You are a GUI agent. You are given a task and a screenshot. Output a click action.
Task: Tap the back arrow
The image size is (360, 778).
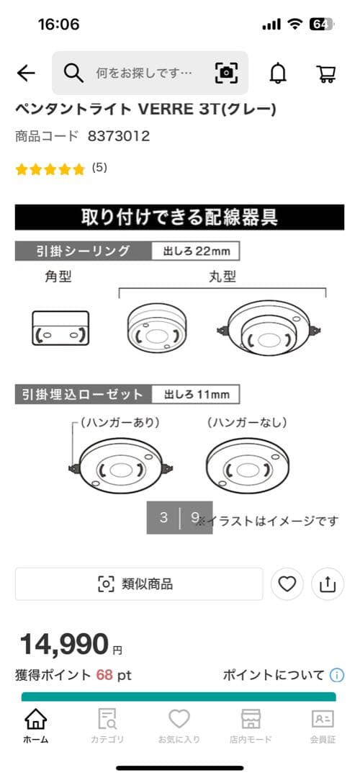[26, 73]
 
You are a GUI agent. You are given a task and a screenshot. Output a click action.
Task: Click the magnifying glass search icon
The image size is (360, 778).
[73, 73]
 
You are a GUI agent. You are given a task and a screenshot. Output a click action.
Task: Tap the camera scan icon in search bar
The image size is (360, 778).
[226, 73]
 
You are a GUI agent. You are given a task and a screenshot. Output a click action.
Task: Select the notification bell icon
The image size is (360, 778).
[277, 73]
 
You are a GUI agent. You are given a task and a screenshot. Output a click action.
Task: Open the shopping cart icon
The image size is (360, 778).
[326, 73]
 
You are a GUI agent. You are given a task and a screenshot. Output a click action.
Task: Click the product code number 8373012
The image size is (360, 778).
[118, 135]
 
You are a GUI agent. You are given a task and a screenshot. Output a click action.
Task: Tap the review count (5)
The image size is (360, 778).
[99, 168]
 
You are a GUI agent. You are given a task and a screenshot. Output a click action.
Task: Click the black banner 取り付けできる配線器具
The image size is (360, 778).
[179, 217]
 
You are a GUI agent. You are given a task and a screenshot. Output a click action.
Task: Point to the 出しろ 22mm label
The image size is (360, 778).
[195, 251]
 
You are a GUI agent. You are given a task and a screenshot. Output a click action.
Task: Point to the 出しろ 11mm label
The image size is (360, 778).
[195, 394]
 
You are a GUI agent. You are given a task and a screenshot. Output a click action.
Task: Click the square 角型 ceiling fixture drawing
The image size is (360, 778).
[60, 328]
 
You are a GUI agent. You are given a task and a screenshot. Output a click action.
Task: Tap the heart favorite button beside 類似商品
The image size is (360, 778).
[287, 584]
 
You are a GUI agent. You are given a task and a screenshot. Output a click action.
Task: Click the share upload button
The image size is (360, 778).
[328, 584]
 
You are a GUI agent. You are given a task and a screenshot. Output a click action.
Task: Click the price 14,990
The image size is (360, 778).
[64, 643]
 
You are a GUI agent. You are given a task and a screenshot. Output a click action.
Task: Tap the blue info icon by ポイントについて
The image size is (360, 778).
[337, 676]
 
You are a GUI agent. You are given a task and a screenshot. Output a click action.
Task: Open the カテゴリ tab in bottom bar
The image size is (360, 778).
[107, 725]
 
